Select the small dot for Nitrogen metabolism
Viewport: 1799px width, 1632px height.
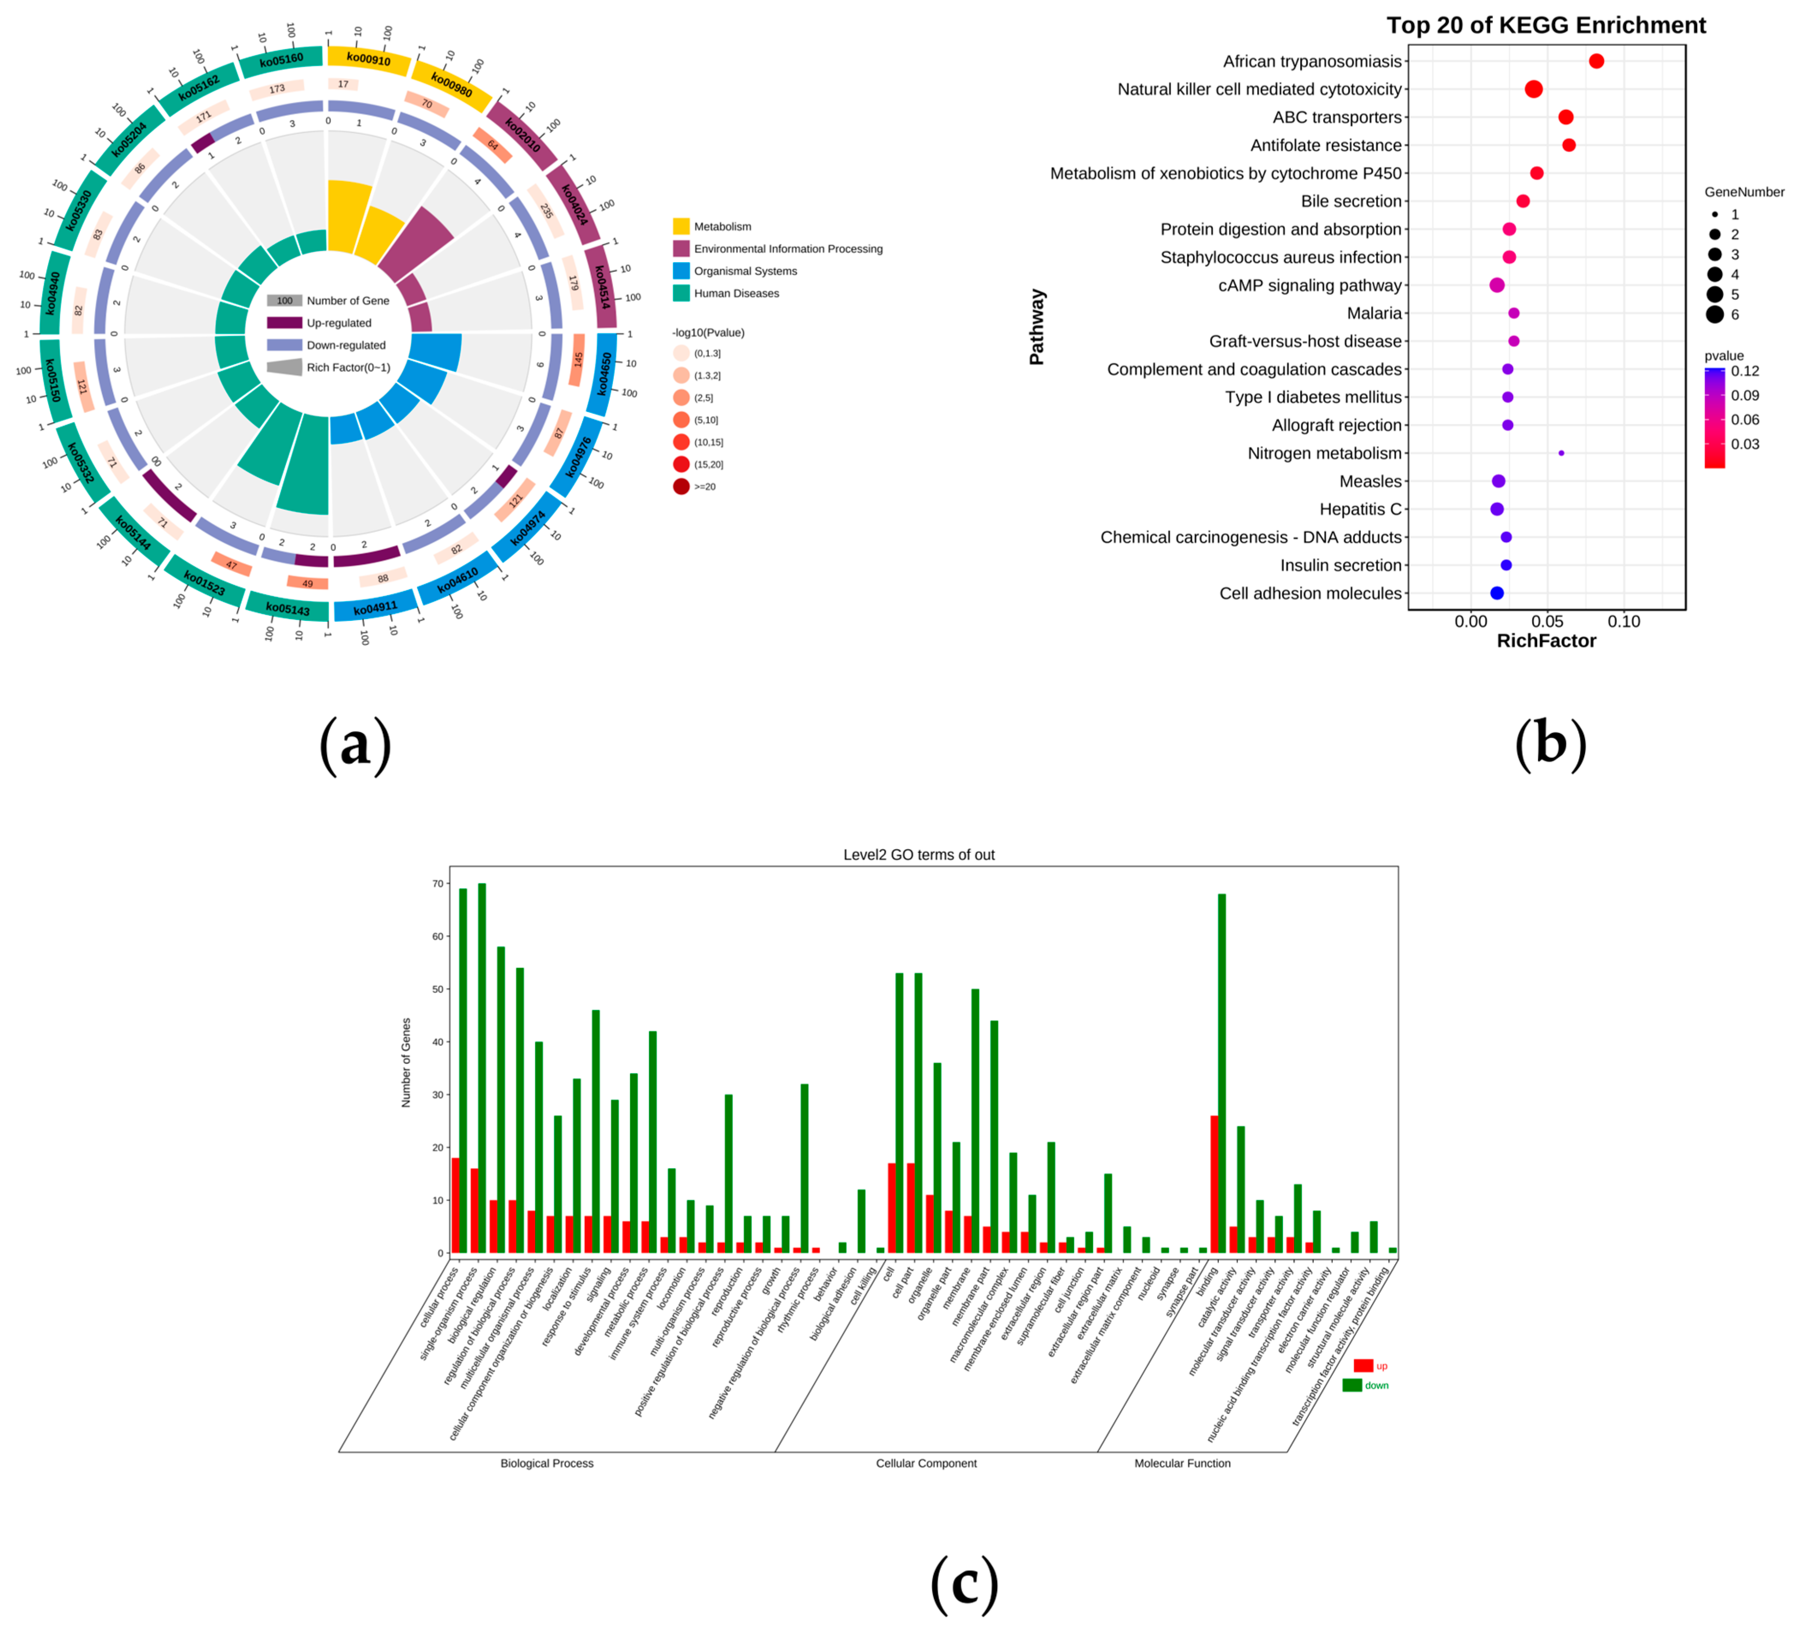click(1561, 453)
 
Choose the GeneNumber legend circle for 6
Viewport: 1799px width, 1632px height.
click(1714, 314)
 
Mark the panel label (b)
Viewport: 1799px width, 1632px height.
click(1551, 743)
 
